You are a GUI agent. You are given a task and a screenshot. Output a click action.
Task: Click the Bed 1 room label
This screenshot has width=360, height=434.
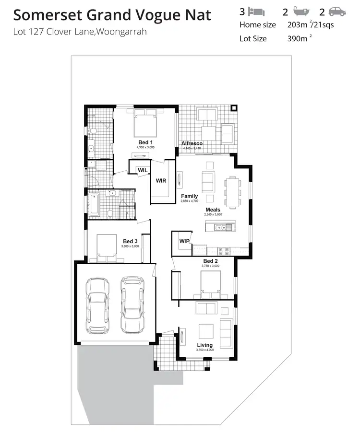pyautogui.click(x=145, y=142)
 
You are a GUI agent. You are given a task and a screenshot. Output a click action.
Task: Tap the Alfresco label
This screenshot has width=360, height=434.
pyautogui.click(x=192, y=143)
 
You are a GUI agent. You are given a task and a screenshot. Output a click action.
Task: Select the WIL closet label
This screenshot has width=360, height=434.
pyautogui.click(x=142, y=170)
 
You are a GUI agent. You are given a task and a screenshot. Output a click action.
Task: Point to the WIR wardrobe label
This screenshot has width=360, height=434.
pyautogui.click(x=161, y=181)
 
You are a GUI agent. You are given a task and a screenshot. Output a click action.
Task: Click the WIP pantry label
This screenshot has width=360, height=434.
pyautogui.click(x=184, y=241)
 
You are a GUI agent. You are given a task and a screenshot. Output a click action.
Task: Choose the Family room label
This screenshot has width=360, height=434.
pyautogui.click(x=189, y=196)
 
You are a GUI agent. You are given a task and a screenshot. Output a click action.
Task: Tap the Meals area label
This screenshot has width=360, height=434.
pyautogui.click(x=213, y=210)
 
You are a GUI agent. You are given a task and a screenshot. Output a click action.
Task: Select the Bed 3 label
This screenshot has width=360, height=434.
pyautogui.click(x=130, y=241)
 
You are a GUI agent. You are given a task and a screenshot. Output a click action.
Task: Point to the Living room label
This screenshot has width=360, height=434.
pyautogui.click(x=204, y=345)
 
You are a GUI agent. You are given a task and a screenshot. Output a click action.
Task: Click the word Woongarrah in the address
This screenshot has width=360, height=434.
pyautogui.click(x=122, y=33)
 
